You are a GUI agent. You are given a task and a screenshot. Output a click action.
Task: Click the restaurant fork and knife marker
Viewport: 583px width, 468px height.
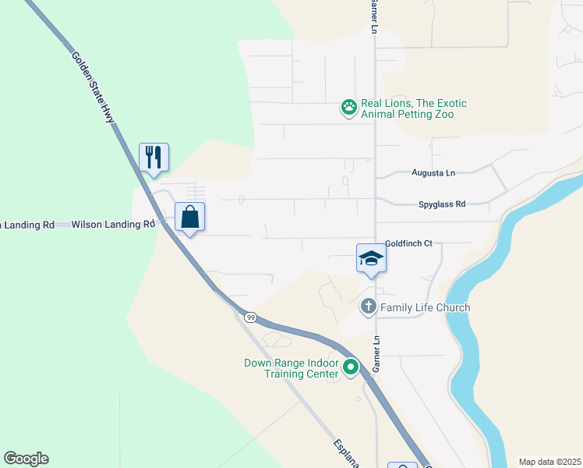click(x=154, y=157)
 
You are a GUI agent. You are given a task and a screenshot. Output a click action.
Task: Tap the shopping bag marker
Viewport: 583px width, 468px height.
click(x=190, y=217)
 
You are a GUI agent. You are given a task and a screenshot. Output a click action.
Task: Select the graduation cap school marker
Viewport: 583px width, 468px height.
click(x=371, y=259)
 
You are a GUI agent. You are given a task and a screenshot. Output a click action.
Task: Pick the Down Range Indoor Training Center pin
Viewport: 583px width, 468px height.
click(x=351, y=366)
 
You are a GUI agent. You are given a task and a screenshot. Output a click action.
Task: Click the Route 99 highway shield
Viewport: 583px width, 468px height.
click(x=249, y=317)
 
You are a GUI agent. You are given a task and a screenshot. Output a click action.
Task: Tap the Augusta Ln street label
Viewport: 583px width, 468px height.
click(x=433, y=173)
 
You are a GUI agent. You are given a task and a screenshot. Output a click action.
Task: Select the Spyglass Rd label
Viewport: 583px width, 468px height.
click(x=441, y=204)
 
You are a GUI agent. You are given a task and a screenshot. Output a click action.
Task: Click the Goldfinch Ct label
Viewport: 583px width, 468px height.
click(x=408, y=244)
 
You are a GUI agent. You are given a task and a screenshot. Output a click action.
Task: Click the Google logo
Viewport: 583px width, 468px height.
click(x=26, y=459)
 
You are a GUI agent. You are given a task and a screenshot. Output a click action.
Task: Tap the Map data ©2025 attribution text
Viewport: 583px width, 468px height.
click(x=549, y=462)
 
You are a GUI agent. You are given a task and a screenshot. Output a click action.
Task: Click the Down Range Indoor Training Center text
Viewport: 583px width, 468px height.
click(x=291, y=368)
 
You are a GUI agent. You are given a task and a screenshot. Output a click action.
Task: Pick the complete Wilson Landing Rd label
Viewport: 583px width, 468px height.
click(x=113, y=225)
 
